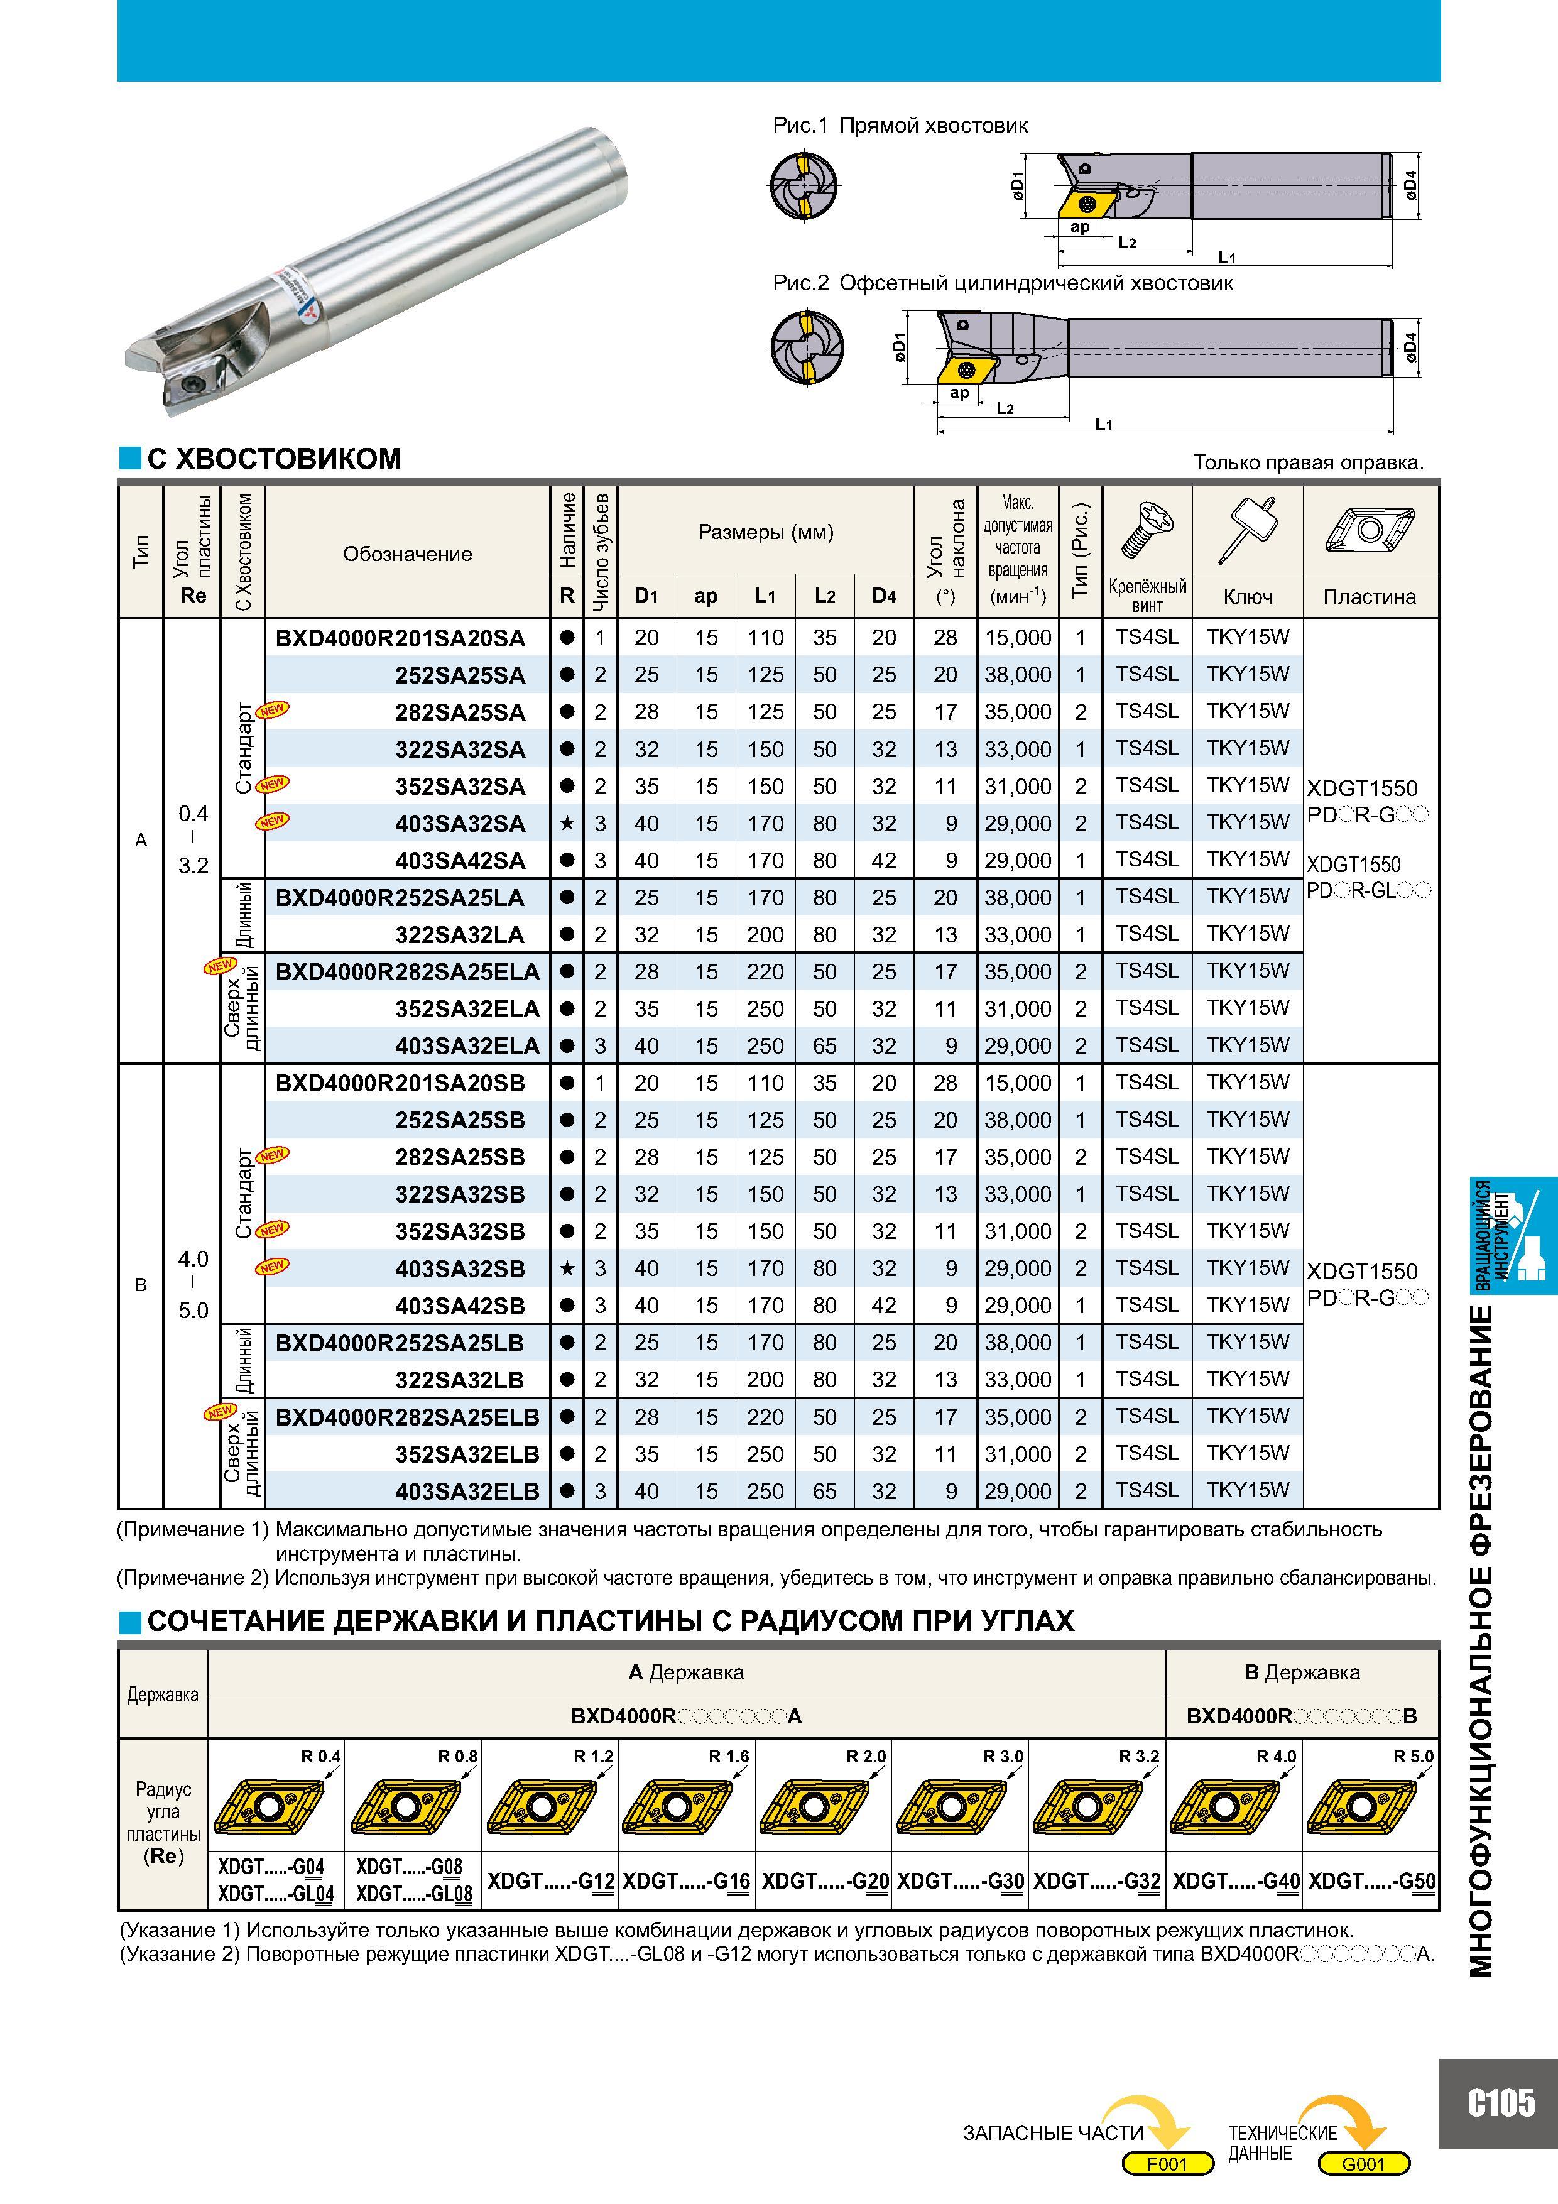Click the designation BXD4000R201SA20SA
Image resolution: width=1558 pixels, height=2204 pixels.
[x=400, y=638]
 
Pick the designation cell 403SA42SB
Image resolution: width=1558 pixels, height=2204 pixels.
[x=460, y=1306]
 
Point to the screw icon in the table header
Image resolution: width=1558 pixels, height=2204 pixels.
[x=1148, y=530]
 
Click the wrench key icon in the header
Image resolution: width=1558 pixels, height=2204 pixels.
[x=1247, y=529]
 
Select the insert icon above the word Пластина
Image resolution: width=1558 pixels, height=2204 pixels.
[x=1370, y=530]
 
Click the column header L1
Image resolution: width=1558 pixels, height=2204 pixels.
[x=765, y=596]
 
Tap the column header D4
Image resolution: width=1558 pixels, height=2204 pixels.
[x=884, y=596]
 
